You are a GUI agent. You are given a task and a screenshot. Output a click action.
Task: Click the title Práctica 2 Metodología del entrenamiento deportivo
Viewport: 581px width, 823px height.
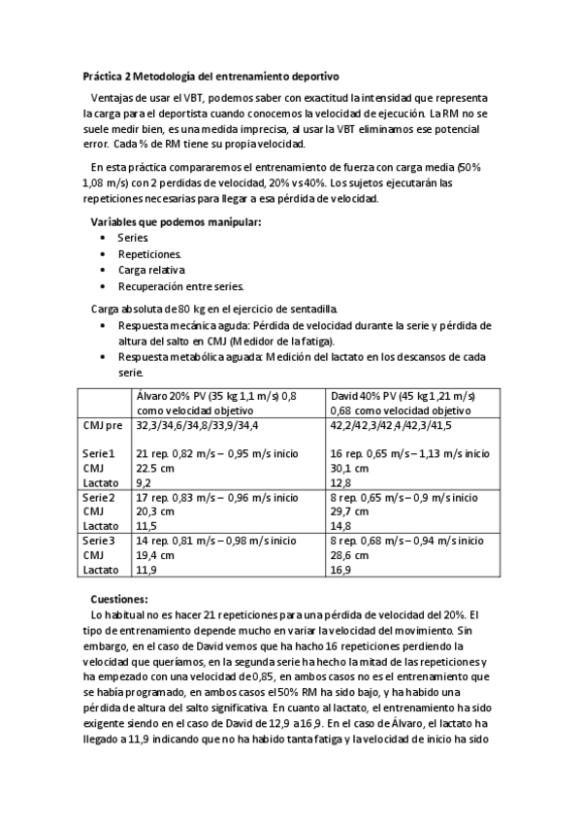coord(210,75)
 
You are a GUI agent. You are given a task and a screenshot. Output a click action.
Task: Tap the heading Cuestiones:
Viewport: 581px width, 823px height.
coord(118,600)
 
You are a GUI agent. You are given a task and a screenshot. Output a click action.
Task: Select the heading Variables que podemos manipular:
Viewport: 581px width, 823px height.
coord(176,222)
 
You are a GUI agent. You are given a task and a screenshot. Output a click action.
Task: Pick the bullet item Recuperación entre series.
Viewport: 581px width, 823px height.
coord(180,286)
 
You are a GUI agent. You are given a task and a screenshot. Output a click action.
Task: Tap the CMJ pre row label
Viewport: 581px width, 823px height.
coord(103,425)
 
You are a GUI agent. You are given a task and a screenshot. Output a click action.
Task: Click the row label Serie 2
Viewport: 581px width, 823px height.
coord(99,498)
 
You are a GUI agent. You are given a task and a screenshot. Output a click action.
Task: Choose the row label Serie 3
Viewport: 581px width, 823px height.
coord(99,542)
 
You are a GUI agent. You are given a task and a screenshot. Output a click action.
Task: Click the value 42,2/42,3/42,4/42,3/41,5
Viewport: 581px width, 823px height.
coord(391,425)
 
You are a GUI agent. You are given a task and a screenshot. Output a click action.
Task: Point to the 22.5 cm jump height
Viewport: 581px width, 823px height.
coord(154,468)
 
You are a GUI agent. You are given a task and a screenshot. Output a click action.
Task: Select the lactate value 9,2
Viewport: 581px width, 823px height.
coord(143,482)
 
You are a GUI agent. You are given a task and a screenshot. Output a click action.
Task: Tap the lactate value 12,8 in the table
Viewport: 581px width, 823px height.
coord(340,482)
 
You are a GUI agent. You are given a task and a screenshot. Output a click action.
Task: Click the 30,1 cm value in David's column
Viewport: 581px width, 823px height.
coord(349,468)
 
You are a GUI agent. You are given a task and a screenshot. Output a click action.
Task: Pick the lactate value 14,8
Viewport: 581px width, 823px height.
coord(340,526)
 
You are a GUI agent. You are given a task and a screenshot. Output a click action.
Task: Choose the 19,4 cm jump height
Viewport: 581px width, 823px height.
coord(154,556)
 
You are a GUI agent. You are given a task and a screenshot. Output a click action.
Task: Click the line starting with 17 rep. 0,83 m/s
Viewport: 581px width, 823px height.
coord(216,498)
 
